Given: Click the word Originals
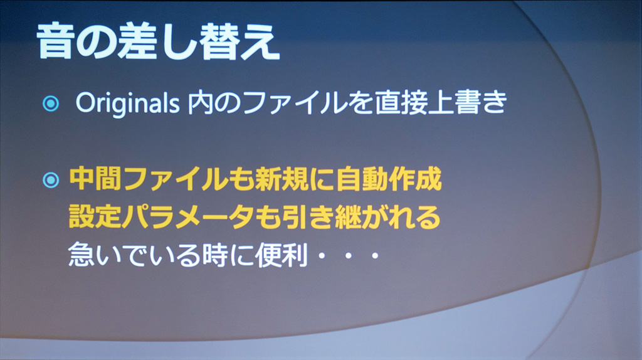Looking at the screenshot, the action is coord(127,103).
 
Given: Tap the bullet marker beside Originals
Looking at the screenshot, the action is coord(51,103).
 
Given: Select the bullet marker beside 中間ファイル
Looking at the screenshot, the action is coord(51,180).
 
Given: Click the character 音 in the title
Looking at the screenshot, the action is coord(56,42).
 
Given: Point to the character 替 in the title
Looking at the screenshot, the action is coord(219,42).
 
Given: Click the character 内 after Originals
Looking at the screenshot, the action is coord(201,102).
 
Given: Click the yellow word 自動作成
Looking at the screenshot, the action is coord(389,179).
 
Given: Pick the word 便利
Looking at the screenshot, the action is coord(282,255).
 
